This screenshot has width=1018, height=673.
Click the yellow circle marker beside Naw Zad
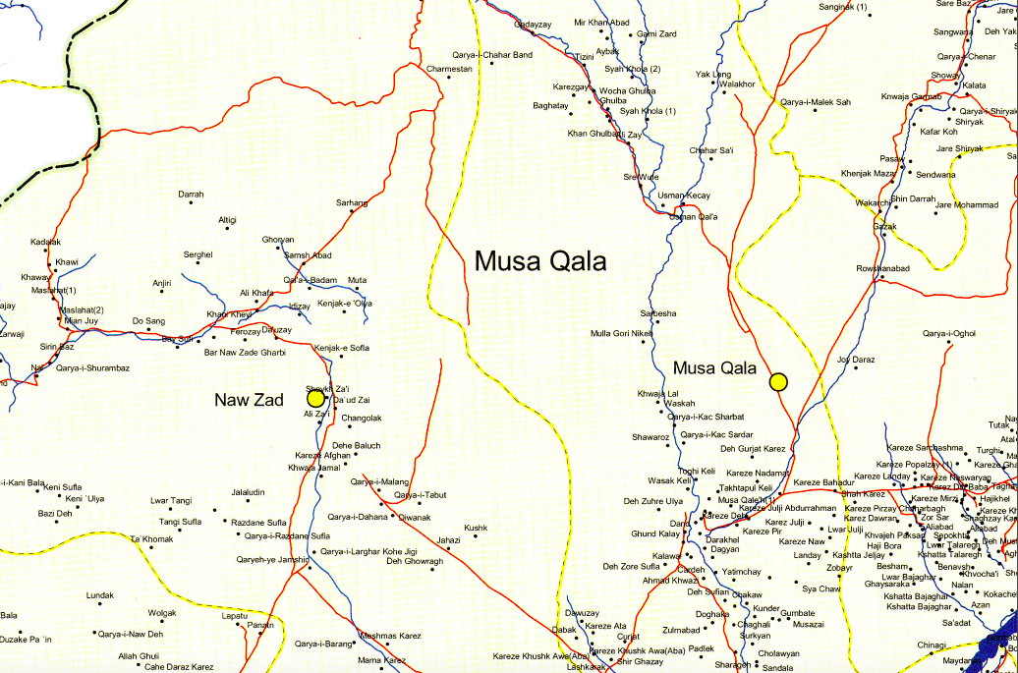pos(315,398)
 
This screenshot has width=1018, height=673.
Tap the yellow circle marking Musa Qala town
pos(778,381)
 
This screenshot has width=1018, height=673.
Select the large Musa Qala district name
pos(540,261)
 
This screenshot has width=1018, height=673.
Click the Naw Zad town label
pos(250,400)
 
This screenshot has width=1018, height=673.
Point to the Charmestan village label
pos(449,69)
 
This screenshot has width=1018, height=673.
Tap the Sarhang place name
pos(352,202)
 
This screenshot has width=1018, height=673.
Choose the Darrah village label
pos(191,195)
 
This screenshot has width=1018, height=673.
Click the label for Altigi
pos(227,219)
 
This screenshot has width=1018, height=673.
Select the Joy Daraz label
pos(856,360)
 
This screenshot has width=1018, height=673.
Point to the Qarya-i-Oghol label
pos(949,334)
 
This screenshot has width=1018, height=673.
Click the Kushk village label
pos(476,528)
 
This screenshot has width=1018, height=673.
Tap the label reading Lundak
pos(100,595)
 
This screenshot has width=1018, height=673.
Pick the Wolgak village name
pos(162,613)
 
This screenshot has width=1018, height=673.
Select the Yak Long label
pos(712,75)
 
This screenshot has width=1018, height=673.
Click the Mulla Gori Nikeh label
pos(621,333)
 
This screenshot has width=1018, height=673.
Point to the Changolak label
pos(362,419)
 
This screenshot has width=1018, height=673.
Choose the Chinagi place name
pos(932,645)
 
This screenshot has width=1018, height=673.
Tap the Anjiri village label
pos(162,283)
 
